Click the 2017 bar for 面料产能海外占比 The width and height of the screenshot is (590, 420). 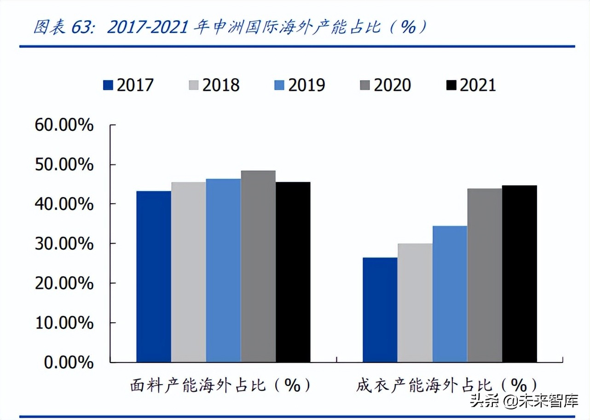click(x=154, y=276)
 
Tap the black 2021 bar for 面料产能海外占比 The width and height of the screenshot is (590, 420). click(x=293, y=272)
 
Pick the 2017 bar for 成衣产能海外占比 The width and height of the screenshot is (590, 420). click(x=380, y=309)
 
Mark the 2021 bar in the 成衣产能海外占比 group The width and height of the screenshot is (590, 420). click(x=519, y=274)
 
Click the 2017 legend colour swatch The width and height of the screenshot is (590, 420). click(x=108, y=85)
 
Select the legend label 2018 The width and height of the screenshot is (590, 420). click(x=221, y=85)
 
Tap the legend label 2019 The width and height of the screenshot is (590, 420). click(x=307, y=85)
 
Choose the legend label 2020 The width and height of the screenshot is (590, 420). click(x=392, y=85)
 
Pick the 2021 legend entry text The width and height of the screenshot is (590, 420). click(x=478, y=85)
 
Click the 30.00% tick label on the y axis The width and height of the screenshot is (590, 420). click(x=64, y=244)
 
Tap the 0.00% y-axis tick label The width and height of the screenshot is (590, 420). click(x=69, y=362)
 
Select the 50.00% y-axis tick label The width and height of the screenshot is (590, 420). click(x=64, y=164)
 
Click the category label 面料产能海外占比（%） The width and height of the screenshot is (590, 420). click(x=220, y=385)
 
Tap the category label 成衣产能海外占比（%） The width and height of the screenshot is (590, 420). click(x=446, y=385)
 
